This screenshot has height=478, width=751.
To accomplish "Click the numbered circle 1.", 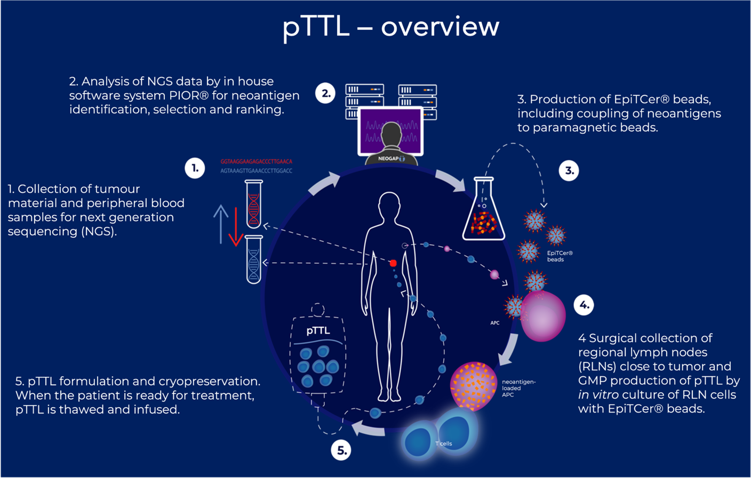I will (195, 168).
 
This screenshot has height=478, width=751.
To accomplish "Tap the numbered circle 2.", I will (325, 94).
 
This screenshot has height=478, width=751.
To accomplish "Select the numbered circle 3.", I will (569, 171).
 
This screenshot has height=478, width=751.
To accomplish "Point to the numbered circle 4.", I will (584, 305).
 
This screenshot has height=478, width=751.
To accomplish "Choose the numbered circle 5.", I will (341, 450).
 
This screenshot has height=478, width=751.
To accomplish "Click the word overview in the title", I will (440, 27).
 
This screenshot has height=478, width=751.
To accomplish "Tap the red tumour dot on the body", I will (393, 263).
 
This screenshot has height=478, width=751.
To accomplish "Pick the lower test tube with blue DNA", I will (254, 260).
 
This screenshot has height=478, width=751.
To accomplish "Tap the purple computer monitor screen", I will (390, 130).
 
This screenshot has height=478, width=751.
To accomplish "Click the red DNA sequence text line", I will (256, 161).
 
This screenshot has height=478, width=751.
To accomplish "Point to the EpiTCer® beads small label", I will (560, 256).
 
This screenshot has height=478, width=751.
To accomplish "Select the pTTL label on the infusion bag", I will (318, 331).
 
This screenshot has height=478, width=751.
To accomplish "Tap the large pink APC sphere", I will (543, 316).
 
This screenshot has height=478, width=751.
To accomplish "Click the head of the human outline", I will (389, 205).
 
